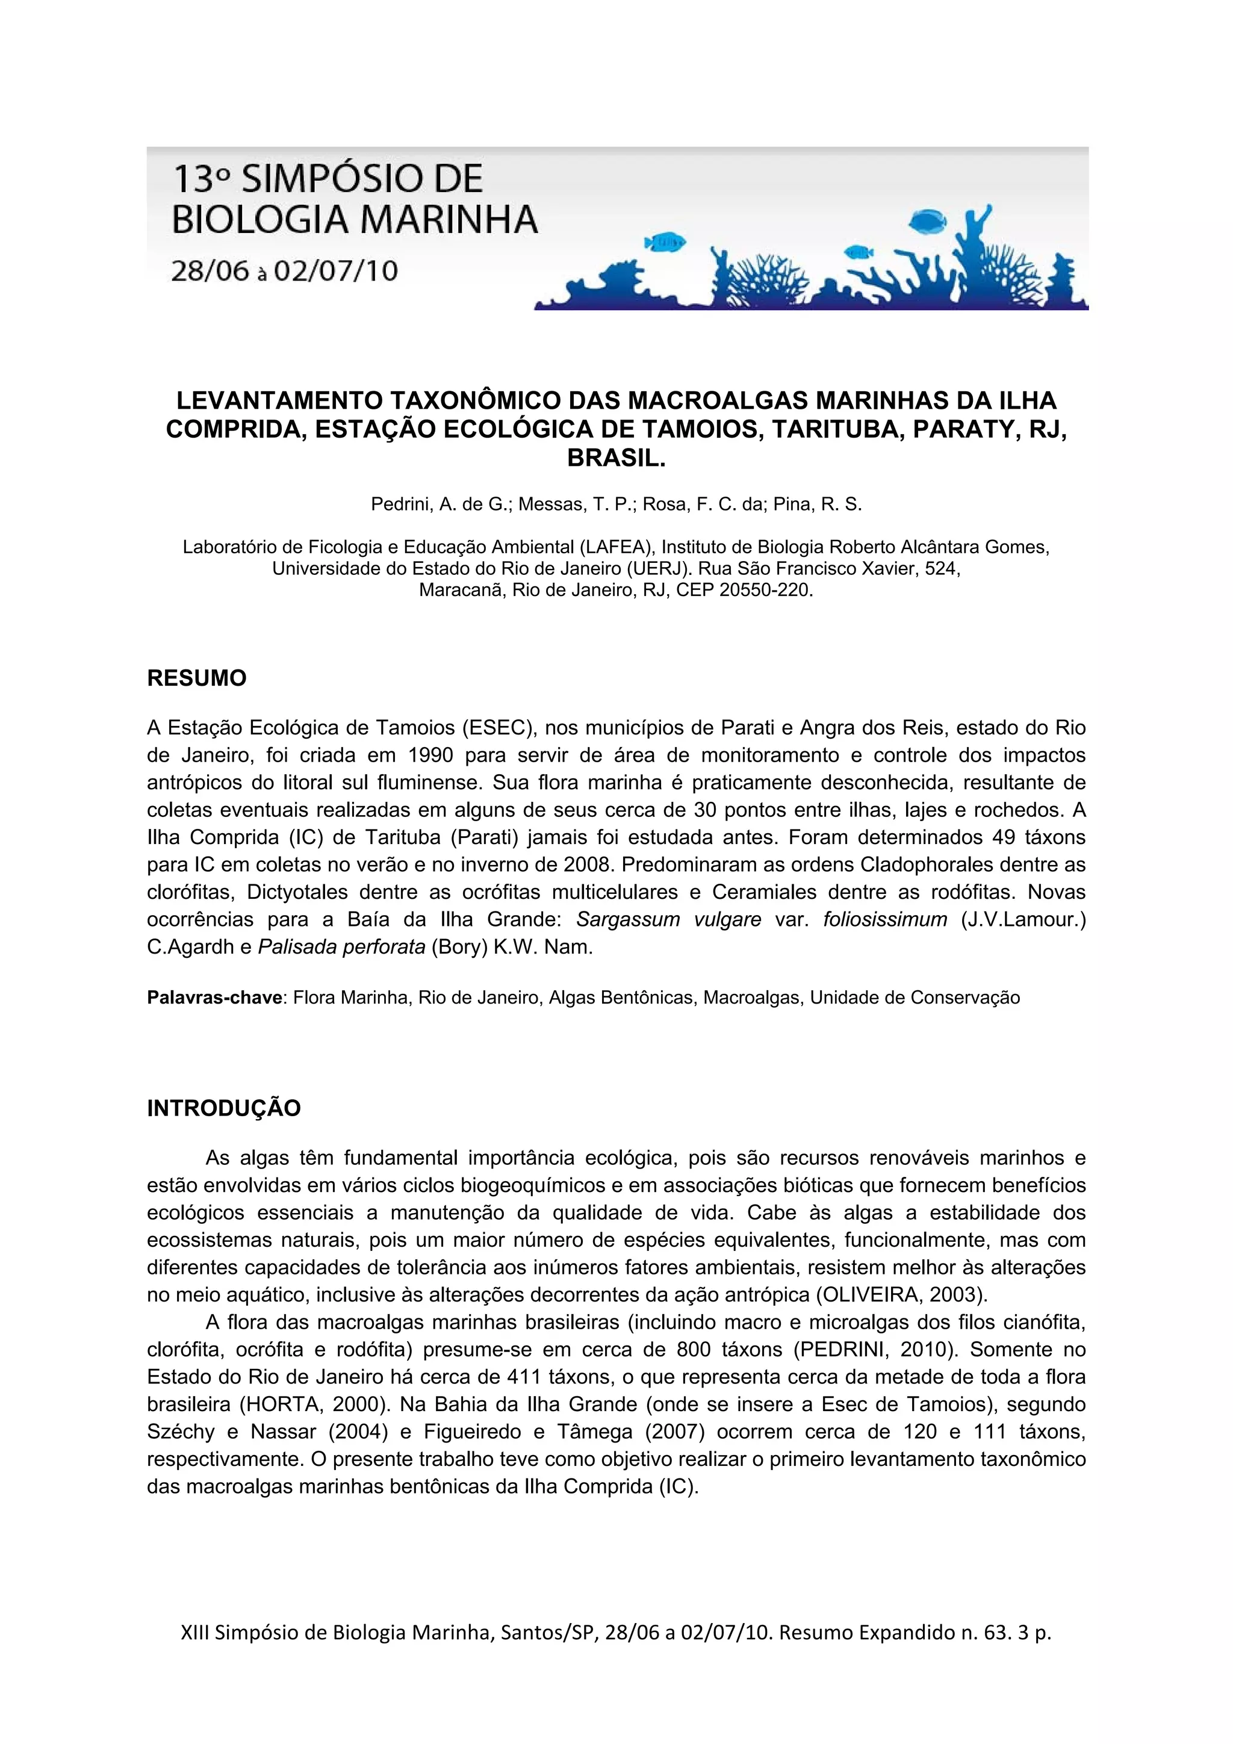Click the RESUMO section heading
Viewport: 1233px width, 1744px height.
pyautogui.click(x=196, y=678)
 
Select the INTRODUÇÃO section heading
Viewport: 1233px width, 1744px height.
pyautogui.click(x=223, y=1108)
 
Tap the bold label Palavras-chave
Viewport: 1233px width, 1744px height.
pyautogui.click(x=214, y=998)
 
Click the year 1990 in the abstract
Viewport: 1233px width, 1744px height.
pyautogui.click(x=430, y=755)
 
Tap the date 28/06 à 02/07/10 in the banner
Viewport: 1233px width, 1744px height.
pyautogui.click(x=284, y=271)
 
